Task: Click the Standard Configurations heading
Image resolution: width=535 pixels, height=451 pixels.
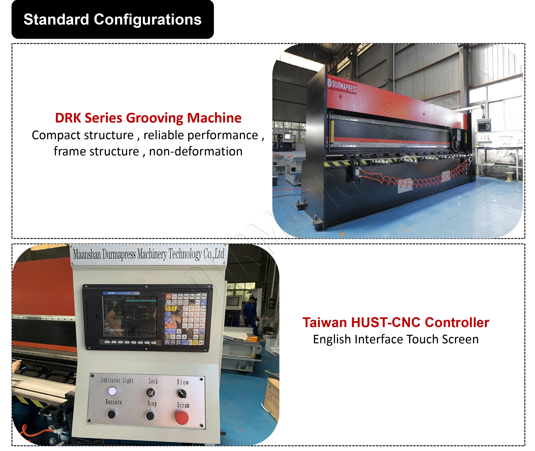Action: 113,20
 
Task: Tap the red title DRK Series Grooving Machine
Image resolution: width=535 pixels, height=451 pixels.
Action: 148,118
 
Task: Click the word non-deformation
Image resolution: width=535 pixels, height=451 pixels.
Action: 196,151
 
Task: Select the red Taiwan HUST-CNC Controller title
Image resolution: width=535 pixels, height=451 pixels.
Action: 395,322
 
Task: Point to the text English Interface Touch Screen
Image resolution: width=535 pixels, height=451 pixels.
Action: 396,339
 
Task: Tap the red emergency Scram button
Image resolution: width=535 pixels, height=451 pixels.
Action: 182,418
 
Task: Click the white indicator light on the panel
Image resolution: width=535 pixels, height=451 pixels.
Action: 113,391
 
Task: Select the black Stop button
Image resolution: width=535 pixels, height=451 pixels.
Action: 150,416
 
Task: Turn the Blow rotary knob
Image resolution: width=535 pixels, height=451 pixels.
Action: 182,394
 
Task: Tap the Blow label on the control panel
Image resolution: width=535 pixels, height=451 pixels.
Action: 183,382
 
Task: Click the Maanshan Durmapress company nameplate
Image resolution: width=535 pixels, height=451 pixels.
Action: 148,254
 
